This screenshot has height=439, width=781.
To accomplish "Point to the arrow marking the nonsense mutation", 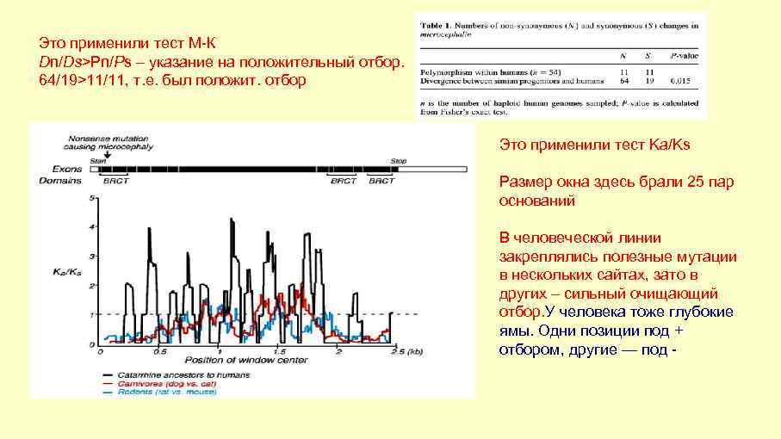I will (96, 154).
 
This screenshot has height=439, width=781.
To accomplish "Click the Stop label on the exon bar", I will (398, 160).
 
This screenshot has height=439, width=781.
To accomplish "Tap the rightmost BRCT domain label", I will (381, 181).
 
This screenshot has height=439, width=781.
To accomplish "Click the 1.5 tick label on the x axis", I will (280, 352).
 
